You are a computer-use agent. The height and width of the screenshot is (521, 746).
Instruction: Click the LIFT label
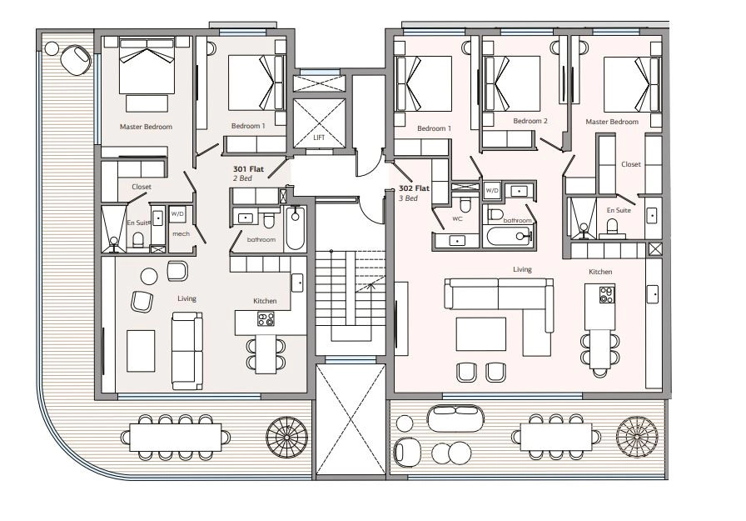point(319,138)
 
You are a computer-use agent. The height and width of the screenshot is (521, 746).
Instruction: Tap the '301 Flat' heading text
point(248,169)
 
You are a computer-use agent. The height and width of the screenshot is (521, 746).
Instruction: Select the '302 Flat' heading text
point(414,188)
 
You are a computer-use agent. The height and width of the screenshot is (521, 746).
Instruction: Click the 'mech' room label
point(181,234)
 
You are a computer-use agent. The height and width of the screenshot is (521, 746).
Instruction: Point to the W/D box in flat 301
point(177,214)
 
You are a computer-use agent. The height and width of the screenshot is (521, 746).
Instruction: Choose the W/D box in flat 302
point(492,191)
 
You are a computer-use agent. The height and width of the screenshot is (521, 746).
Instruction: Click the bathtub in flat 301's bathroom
point(295,228)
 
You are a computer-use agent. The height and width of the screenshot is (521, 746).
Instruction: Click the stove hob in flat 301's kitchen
point(266,318)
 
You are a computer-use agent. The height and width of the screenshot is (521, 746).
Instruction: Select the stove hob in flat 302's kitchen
point(607,295)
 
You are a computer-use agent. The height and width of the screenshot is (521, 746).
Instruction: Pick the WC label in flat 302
point(457,219)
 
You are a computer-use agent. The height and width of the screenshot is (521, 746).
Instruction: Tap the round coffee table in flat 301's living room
point(149,276)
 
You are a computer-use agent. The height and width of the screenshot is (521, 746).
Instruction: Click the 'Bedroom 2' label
point(530,121)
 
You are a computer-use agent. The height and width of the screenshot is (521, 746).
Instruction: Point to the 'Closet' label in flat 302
point(631,164)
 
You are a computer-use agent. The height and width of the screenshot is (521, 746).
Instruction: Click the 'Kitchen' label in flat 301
point(265,301)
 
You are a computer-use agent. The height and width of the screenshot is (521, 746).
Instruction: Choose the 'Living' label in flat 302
point(522,269)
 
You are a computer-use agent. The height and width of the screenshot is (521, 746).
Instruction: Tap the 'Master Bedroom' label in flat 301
point(146,127)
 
